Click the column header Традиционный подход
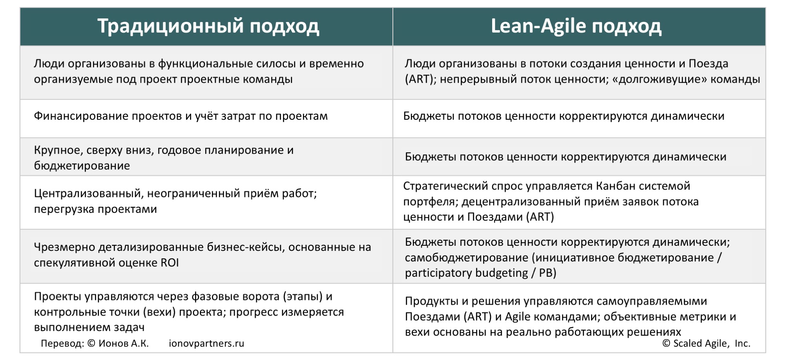(x=208, y=27)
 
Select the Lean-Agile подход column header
(x=576, y=27)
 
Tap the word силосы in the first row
(x=278, y=64)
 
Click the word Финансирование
(x=81, y=116)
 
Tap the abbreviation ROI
(x=170, y=263)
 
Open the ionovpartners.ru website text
(x=206, y=344)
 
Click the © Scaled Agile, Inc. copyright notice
(x=706, y=344)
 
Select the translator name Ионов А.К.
(x=124, y=344)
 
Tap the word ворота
(x=259, y=296)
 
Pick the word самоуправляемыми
(x=652, y=302)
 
